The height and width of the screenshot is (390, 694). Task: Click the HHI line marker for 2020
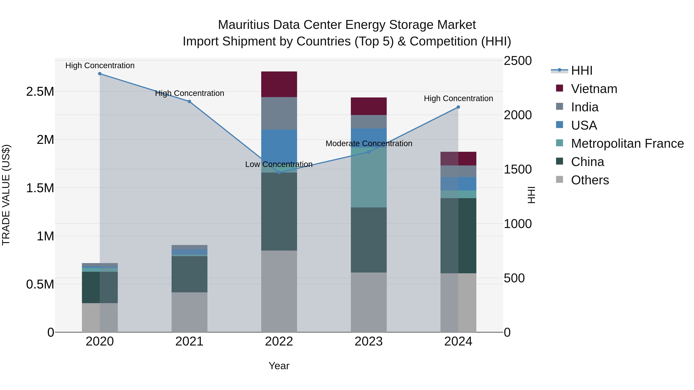pos(100,74)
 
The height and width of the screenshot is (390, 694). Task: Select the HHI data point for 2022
pos(279,173)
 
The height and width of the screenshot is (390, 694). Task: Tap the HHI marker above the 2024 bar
pos(458,107)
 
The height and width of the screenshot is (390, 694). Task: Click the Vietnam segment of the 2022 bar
pos(279,84)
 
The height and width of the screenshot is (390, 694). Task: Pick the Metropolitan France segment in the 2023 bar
pos(369,178)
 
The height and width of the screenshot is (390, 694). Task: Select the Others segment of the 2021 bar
pos(189,312)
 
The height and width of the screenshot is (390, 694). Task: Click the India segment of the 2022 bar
pos(279,113)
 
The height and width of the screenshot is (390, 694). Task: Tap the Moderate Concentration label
pos(369,143)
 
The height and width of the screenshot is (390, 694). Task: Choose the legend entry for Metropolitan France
pos(627,143)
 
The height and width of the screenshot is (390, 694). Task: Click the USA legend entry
pos(584,125)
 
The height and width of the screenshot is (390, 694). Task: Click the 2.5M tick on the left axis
pos(40,92)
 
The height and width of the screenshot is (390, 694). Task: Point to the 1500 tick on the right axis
pos(518,169)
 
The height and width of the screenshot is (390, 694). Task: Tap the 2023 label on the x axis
pos(369,341)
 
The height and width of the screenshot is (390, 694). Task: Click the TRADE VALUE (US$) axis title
pos(6,195)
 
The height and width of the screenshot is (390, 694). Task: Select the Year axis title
pos(279,366)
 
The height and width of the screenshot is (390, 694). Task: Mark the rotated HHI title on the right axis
pos(531,195)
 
